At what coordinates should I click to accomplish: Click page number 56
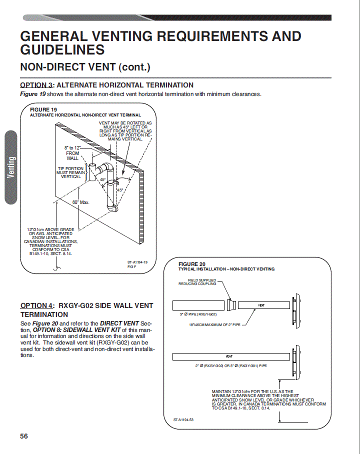(24, 436)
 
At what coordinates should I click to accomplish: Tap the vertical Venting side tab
(11, 167)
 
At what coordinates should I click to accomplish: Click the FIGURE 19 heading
(43, 109)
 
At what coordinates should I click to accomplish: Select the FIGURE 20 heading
(191, 264)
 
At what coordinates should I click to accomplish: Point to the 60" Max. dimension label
(81, 202)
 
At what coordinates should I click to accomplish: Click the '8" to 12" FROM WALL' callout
(72, 153)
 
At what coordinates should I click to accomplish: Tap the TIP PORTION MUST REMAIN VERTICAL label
(70, 172)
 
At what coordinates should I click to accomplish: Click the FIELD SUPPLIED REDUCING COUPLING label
(197, 282)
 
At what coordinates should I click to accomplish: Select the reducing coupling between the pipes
(231, 305)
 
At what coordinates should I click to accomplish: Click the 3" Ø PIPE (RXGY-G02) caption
(198, 314)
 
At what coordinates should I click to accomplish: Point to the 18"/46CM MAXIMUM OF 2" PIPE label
(214, 325)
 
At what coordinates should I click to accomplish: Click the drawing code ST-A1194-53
(183, 419)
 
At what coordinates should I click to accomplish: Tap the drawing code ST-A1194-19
(137, 262)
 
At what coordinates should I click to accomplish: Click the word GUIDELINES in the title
(62, 49)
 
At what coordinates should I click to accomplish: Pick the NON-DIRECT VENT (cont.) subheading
(85, 67)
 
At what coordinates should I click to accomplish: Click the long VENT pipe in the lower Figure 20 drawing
(231, 356)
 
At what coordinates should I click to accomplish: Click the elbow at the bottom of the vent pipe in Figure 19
(112, 207)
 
